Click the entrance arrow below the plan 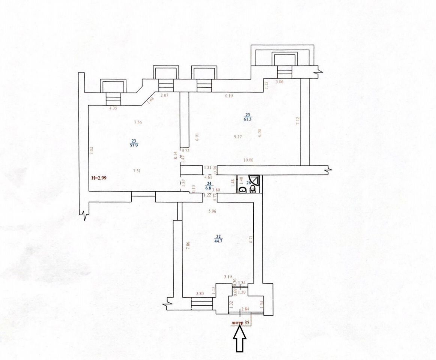(x=240, y=339)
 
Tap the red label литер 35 (x=241, y=322)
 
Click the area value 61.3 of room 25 (x=248, y=119)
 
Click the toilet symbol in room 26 (x=253, y=188)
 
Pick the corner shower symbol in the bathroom (x=254, y=180)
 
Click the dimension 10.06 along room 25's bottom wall (x=248, y=160)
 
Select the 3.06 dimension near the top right (x=280, y=82)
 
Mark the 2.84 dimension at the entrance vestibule (x=245, y=309)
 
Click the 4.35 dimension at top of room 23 (x=113, y=109)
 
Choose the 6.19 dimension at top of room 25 (x=229, y=96)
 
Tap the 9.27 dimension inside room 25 (x=237, y=137)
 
